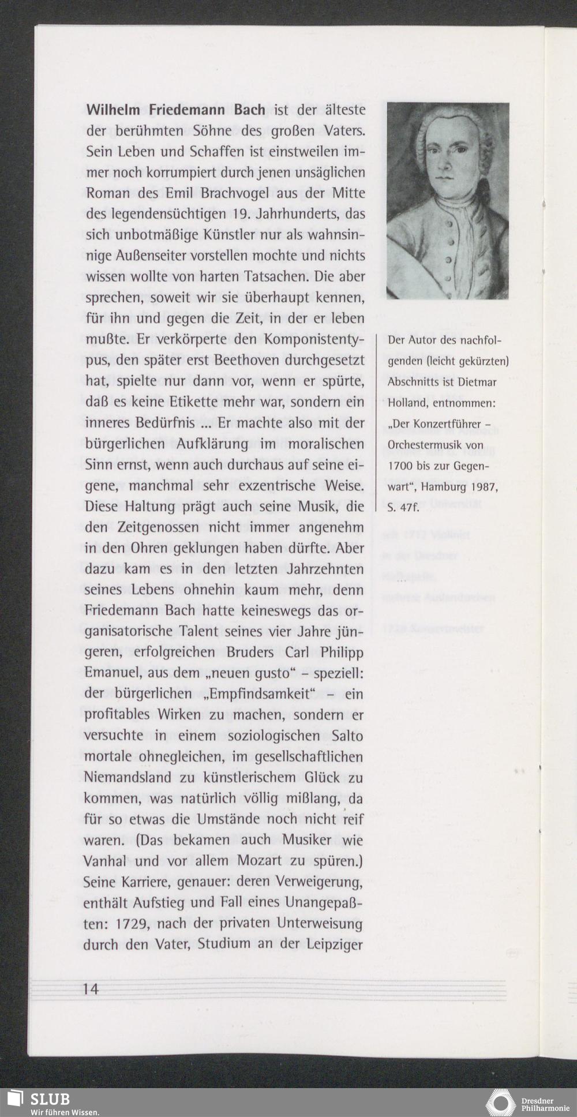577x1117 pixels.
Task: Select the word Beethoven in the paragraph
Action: pyautogui.click(x=249, y=360)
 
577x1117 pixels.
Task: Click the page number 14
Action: pyautogui.click(x=91, y=989)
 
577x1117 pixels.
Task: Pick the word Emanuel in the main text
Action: pyautogui.click(x=113, y=673)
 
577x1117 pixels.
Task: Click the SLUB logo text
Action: pyautogui.click(x=50, y=1099)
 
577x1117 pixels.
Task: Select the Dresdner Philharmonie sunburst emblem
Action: pyautogui.click(x=500, y=1102)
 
